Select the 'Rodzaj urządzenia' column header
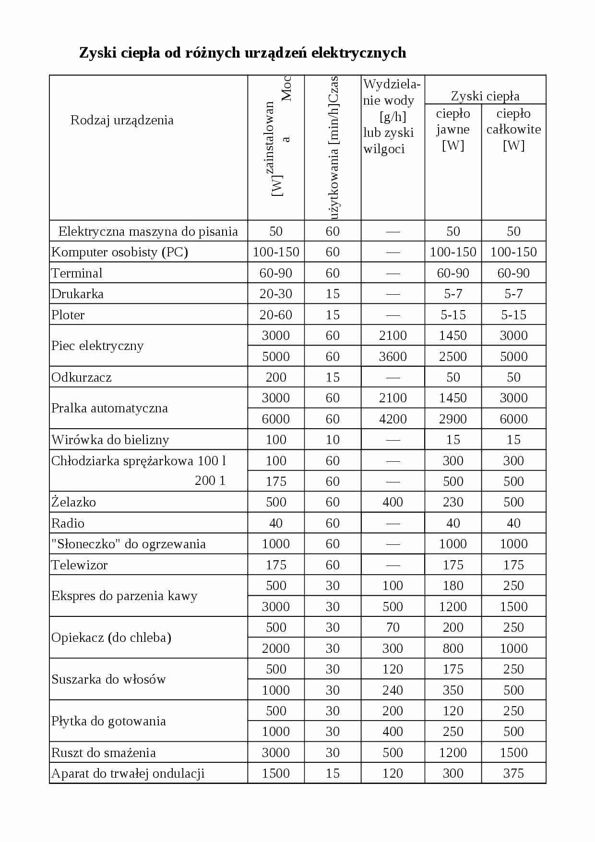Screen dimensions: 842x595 (x=122, y=120)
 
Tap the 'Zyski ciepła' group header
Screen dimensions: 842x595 (x=485, y=96)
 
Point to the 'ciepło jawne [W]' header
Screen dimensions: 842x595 (x=453, y=129)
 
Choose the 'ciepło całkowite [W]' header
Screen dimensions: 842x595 (x=513, y=129)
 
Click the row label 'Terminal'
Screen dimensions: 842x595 (x=77, y=273)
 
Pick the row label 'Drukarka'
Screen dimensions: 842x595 (x=77, y=294)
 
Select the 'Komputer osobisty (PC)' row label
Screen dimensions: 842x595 (x=119, y=252)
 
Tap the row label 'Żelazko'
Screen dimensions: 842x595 (x=73, y=502)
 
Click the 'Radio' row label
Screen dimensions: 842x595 (x=68, y=523)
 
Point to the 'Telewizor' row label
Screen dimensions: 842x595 (x=79, y=565)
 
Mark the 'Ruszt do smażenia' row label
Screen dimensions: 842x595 (x=104, y=753)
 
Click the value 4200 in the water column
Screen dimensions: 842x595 (x=393, y=419)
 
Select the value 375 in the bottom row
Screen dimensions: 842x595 (x=513, y=773)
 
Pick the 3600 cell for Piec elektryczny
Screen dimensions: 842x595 (x=393, y=357)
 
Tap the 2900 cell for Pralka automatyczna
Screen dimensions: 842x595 (x=453, y=419)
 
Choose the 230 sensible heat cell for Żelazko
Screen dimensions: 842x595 (x=453, y=502)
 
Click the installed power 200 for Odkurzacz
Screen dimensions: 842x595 (x=276, y=377)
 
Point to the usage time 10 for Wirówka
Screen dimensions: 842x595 (x=333, y=440)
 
